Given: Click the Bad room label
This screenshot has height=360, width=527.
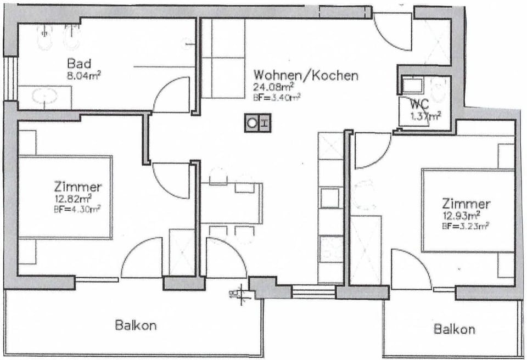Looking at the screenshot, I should (79, 62).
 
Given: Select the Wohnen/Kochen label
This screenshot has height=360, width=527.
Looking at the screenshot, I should (305, 75).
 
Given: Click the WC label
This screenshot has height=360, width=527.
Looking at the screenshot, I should (418, 104).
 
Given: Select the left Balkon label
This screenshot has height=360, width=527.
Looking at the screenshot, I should (136, 325).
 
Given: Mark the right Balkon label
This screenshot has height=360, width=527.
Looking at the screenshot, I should (454, 329).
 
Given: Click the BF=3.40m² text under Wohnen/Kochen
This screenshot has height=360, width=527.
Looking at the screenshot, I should (276, 98).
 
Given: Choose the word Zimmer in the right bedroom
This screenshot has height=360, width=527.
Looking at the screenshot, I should (466, 204).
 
